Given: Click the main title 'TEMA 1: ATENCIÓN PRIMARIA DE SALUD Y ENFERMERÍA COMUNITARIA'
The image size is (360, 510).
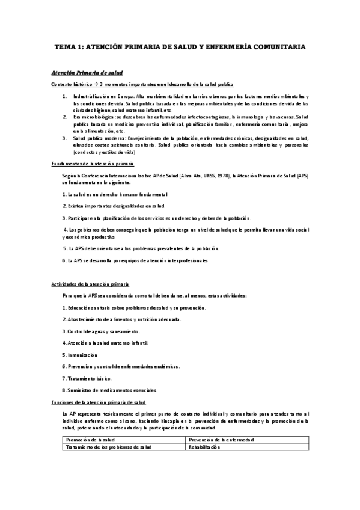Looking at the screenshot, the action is coord(180,46).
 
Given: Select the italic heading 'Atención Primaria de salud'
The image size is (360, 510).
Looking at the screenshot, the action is coord(79,72).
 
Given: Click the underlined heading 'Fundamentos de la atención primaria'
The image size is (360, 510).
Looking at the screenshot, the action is coord(93,164).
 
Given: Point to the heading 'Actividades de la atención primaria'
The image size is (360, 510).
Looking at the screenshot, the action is coord(91,284).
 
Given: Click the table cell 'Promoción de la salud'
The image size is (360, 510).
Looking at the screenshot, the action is coord(90,440).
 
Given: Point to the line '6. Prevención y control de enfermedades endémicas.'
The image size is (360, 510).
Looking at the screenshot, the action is coord(120,366).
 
